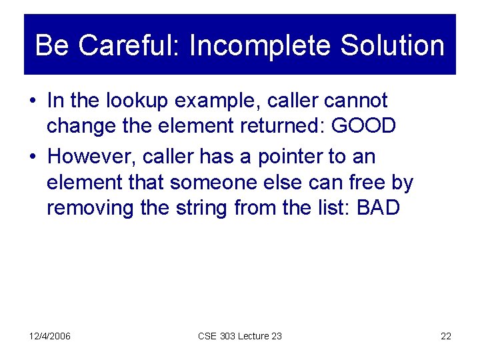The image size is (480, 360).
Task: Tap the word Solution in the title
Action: click(x=392, y=46)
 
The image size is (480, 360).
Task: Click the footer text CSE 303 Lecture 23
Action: click(x=240, y=336)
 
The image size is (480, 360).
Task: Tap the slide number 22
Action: click(x=446, y=336)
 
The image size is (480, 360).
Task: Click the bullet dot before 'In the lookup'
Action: click(x=33, y=102)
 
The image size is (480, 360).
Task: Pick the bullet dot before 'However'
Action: click(x=33, y=158)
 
